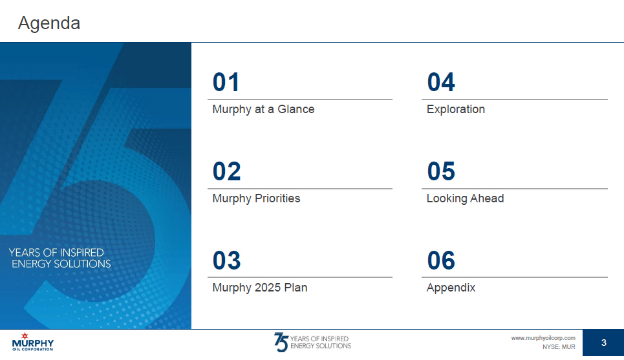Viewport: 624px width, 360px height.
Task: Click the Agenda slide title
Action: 49,23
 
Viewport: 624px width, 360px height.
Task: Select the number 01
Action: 226,82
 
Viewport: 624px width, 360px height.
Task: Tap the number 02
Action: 227,171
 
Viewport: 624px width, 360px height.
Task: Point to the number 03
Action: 227,260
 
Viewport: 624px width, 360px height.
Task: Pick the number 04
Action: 441,82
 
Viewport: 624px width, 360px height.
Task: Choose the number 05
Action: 441,171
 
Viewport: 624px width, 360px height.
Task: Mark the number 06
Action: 441,260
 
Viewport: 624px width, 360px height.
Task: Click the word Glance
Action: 296,109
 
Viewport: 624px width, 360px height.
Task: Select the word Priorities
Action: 277,198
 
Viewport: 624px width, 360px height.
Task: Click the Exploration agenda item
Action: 456,109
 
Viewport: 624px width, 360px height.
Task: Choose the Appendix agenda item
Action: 451,288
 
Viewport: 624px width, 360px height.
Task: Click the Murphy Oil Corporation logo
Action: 32,342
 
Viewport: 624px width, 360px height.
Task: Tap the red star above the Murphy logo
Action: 25,335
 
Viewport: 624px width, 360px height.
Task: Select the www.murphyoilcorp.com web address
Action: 543,338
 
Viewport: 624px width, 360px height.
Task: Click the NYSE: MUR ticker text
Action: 559,347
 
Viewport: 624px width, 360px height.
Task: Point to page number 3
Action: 604,343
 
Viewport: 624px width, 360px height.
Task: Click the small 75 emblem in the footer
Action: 281,342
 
